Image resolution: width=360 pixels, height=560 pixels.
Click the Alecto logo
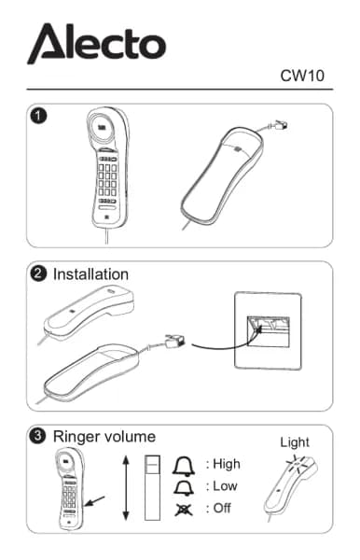click(96, 43)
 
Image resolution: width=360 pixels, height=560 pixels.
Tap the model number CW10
click(302, 76)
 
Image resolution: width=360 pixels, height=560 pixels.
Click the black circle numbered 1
click(38, 116)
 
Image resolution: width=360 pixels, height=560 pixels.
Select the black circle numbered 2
click(38, 273)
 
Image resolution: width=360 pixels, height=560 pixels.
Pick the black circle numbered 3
click(38, 436)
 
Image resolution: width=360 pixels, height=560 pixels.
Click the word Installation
click(90, 274)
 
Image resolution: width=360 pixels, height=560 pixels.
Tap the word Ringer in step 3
click(75, 437)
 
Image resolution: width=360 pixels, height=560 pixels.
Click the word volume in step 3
click(128, 437)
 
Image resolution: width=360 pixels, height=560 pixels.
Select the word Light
click(295, 442)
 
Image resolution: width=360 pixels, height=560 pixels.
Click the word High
click(227, 465)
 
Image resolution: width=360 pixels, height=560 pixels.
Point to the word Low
click(225, 486)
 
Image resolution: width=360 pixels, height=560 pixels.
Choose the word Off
click(222, 508)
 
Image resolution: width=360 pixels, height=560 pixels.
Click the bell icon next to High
click(184, 466)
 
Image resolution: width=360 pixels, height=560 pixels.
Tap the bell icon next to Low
click(184, 488)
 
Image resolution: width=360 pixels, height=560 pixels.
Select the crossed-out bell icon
click(184, 510)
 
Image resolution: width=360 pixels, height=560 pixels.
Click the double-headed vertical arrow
click(126, 488)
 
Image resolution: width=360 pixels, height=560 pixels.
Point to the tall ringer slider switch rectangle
click(152, 487)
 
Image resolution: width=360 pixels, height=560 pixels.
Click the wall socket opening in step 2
click(269, 331)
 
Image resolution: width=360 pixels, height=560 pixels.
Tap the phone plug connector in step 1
click(281, 125)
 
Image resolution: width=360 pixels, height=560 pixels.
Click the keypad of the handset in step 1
click(107, 179)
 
